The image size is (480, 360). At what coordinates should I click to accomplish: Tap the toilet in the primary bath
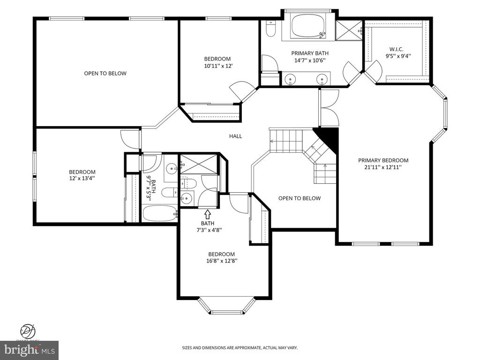[270, 30]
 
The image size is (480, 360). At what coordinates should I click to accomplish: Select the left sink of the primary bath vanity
[291, 80]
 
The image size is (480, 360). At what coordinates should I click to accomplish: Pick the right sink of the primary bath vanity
[322, 80]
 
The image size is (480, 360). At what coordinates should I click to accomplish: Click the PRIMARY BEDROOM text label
[383, 160]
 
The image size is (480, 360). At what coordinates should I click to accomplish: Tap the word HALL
[235, 136]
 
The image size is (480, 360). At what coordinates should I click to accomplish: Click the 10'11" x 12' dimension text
[217, 66]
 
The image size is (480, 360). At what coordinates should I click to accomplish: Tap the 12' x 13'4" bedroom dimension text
[82, 178]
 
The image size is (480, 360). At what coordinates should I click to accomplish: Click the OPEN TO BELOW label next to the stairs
[299, 198]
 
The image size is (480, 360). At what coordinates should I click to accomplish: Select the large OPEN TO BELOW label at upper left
[105, 73]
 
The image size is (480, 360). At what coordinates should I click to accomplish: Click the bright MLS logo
[29, 350]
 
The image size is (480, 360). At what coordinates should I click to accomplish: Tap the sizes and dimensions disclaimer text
[240, 348]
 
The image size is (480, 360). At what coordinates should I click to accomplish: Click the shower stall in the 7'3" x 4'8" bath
[199, 164]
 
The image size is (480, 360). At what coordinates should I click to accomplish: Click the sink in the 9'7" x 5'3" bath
[172, 167]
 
